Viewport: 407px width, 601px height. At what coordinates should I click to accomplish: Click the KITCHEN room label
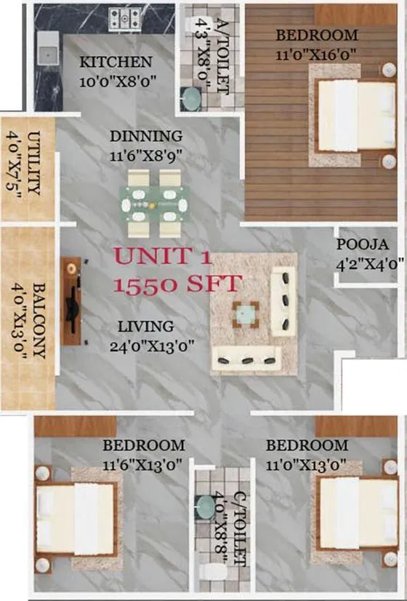point(116,62)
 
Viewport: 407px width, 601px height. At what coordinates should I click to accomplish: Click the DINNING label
point(146,136)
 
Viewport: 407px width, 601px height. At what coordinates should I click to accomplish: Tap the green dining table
point(155,204)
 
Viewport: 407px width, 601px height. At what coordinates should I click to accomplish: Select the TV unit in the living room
point(70,300)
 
